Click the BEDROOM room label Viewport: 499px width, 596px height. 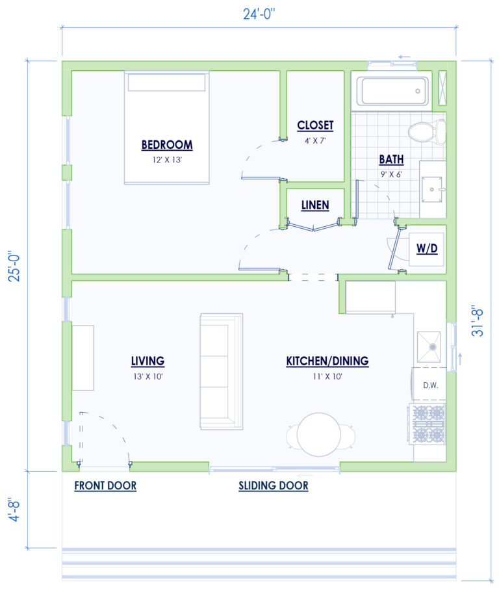point(167,144)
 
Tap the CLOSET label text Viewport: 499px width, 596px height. point(315,125)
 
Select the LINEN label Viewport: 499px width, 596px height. point(315,205)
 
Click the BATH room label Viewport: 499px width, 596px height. point(392,159)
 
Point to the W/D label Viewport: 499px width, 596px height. point(426,249)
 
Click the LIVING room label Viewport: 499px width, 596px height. point(147,361)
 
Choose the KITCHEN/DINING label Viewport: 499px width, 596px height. point(327,361)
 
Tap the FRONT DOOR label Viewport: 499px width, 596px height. point(105,486)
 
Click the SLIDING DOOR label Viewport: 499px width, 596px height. point(273,486)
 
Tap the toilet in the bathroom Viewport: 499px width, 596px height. point(426,133)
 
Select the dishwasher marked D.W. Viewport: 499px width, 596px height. point(430,385)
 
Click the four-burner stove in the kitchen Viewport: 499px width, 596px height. point(428,423)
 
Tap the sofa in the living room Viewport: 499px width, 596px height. point(221,371)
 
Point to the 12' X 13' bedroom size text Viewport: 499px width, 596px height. point(167,159)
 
